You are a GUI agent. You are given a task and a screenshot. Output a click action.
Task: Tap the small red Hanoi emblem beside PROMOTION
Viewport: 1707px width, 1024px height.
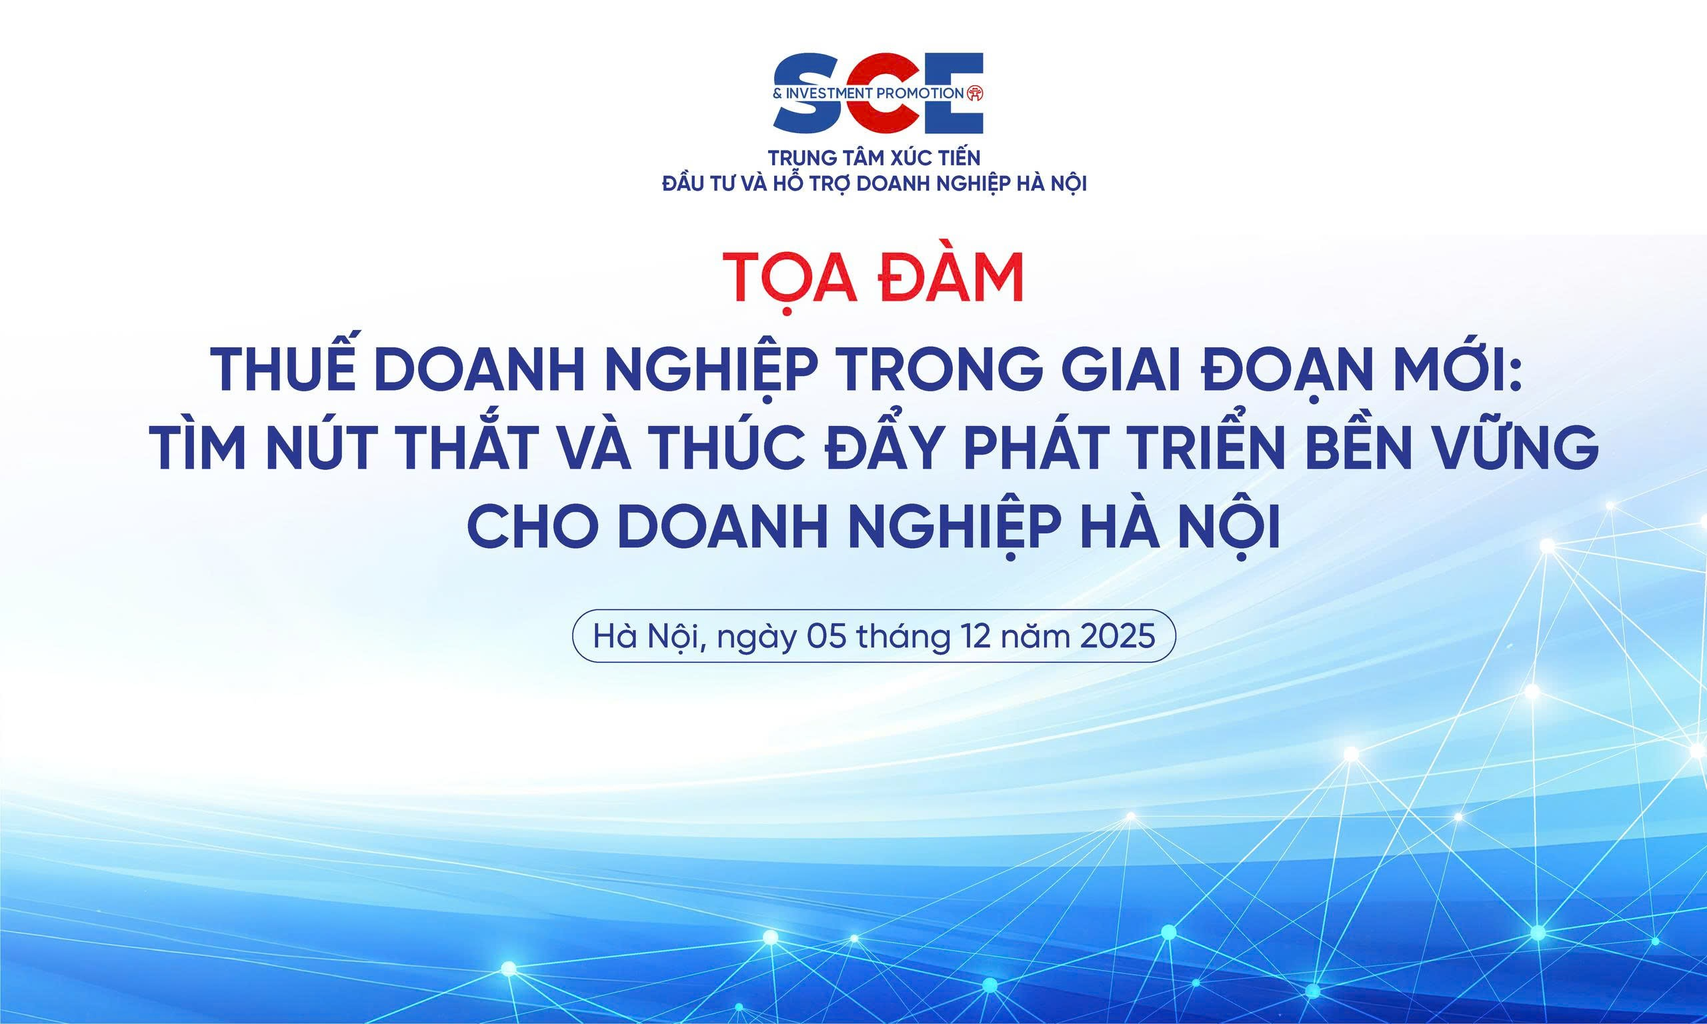[975, 92]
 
